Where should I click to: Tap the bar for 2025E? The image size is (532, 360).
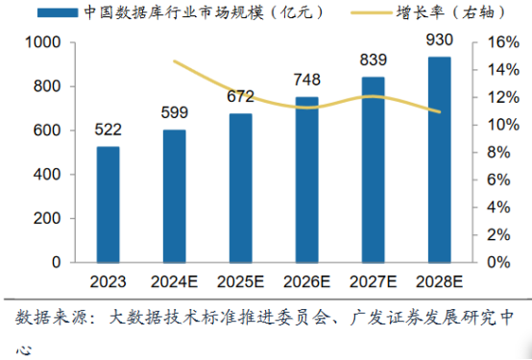[x=241, y=187]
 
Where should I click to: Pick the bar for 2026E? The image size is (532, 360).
[x=307, y=179]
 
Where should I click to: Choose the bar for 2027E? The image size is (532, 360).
[x=373, y=169]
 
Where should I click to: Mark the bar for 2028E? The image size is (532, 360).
[x=439, y=159]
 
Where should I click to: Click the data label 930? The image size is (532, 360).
[x=439, y=43]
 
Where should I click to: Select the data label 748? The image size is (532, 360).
[x=307, y=80]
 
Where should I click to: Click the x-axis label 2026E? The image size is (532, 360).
[x=307, y=281]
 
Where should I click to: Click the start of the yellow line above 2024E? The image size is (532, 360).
[x=175, y=61]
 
